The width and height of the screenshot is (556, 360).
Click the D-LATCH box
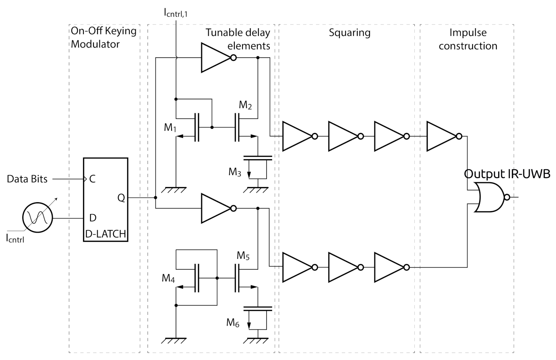click(x=105, y=200)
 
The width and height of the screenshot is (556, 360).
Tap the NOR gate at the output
click(x=490, y=197)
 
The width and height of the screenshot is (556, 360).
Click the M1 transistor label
click(x=170, y=128)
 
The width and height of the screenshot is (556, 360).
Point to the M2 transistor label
click(x=245, y=105)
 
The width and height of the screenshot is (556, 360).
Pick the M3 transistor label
click(x=235, y=172)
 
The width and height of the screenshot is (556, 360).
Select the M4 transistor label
click(x=168, y=278)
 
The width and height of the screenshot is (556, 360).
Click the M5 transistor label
click(x=243, y=256)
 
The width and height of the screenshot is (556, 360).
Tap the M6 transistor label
click(x=233, y=323)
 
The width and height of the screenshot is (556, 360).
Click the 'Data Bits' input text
click(x=27, y=179)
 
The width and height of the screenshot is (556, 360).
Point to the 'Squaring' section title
click(x=350, y=33)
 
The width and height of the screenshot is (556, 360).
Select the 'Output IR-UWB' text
click(x=507, y=174)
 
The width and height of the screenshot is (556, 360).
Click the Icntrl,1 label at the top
click(x=176, y=13)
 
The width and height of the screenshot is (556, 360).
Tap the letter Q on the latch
click(x=121, y=198)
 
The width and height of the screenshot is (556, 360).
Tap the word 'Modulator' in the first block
click(x=95, y=44)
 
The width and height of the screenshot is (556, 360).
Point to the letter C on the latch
click(x=92, y=179)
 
